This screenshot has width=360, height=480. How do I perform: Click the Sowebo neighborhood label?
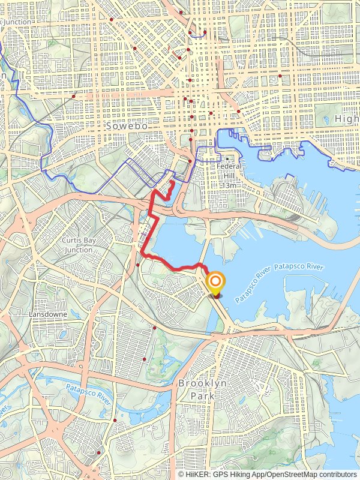pos(122,127)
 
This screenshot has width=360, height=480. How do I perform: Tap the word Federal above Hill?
pos(228,167)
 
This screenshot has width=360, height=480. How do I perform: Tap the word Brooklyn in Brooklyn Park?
pos(202,383)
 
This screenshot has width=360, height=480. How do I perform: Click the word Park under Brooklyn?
pos(202,396)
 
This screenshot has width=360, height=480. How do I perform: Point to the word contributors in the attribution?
pos(338,474)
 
